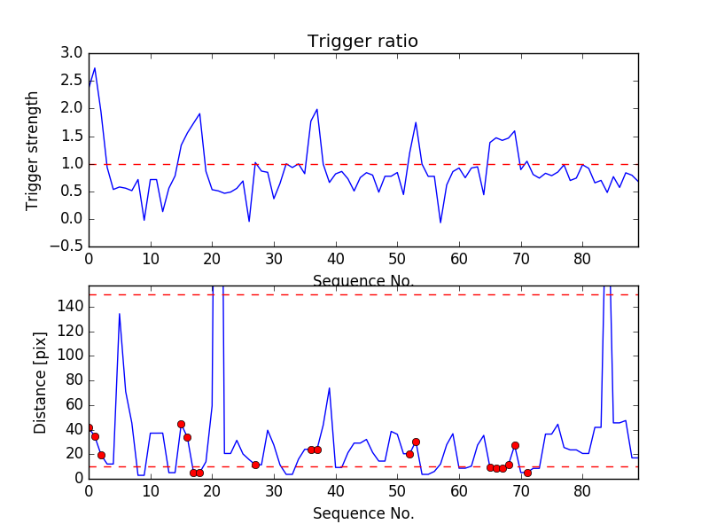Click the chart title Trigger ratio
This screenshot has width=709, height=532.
362,42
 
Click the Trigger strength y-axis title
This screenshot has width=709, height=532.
33,150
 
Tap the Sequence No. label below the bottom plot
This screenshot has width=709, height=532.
363,513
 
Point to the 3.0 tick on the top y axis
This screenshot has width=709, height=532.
70,53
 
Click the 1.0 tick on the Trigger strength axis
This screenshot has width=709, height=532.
70,164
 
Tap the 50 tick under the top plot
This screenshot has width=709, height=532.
397,258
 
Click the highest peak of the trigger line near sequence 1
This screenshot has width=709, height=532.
95,67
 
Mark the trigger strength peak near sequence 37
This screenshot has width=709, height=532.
317,109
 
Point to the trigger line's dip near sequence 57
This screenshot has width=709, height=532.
440,223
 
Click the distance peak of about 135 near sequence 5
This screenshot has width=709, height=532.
120,313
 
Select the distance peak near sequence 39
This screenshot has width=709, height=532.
330,387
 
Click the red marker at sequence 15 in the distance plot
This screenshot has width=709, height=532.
181,424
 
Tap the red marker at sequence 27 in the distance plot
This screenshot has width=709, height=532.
255,465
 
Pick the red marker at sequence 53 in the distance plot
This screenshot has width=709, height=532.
416,442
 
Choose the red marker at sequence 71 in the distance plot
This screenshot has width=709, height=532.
527,473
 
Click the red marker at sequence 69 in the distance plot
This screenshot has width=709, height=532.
515,445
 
